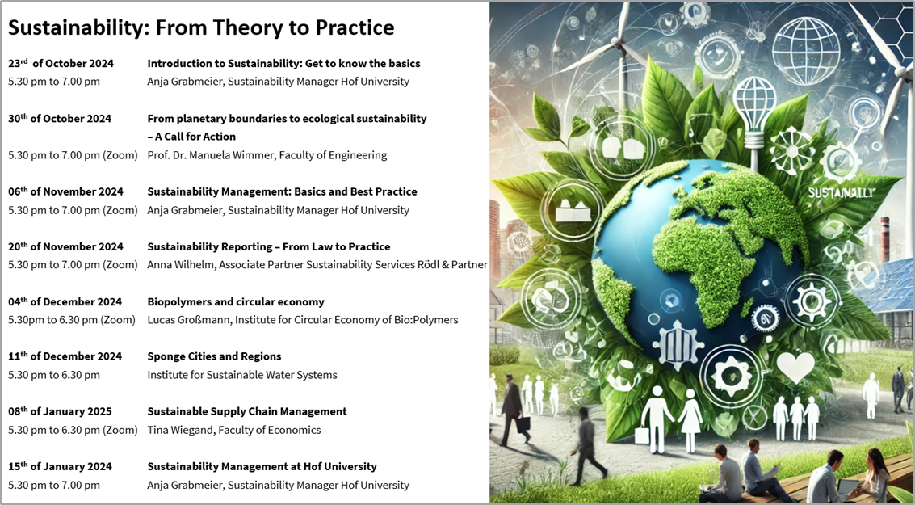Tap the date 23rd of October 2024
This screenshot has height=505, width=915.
coord(61,63)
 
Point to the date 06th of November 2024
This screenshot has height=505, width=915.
coord(65,191)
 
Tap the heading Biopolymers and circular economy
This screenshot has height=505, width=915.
coord(236,302)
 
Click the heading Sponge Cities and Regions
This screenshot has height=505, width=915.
coord(214,356)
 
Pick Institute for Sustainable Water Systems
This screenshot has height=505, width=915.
coord(242,375)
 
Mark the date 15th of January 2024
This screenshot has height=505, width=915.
coord(60,466)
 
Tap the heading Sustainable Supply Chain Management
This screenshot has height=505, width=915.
coord(247,411)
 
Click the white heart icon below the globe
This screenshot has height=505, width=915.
coord(795,367)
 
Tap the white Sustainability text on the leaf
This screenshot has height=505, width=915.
coord(842,192)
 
